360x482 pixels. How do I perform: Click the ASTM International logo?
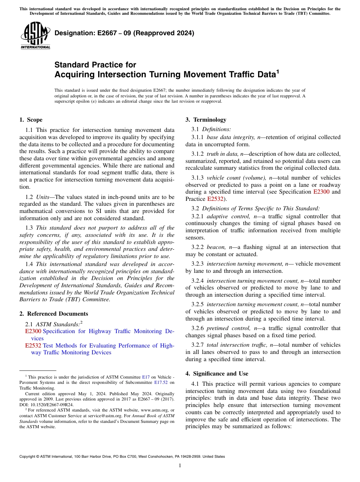35,36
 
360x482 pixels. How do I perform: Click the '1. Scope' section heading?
31,120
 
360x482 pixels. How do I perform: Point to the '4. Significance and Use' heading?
217,373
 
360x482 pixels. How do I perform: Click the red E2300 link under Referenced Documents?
33,331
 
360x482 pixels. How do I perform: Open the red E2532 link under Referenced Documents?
33,346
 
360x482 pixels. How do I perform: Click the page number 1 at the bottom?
180,466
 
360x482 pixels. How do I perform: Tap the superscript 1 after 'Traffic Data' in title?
277,70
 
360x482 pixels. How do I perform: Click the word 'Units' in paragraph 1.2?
44,197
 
